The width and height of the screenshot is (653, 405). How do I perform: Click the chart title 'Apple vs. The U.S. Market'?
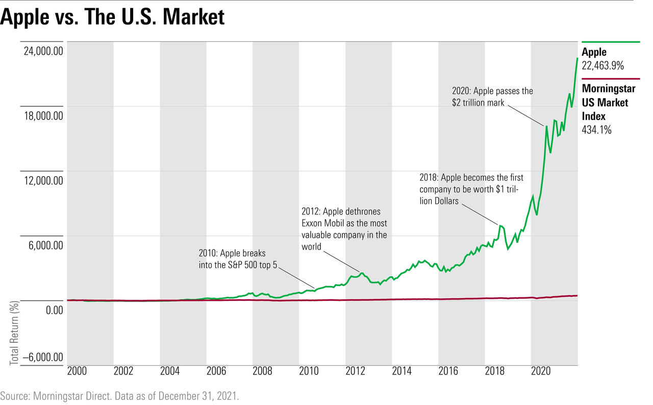[x=112, y=17]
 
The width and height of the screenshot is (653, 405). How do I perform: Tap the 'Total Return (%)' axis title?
[x=14, y=333]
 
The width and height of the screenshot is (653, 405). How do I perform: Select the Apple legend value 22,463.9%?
[x=603, y=65]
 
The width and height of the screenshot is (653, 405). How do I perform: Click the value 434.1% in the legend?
[x=596, y=130]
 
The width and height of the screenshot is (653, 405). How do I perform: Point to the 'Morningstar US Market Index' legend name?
[x=609, y=102]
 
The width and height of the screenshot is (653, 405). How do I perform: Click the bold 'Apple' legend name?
[x=594, y=52]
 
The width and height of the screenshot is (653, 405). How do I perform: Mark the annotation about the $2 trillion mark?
[x=492, y=97]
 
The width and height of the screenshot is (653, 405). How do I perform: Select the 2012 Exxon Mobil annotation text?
[x=344, y=229]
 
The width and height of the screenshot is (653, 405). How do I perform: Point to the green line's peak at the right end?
[x=577, y=58]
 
